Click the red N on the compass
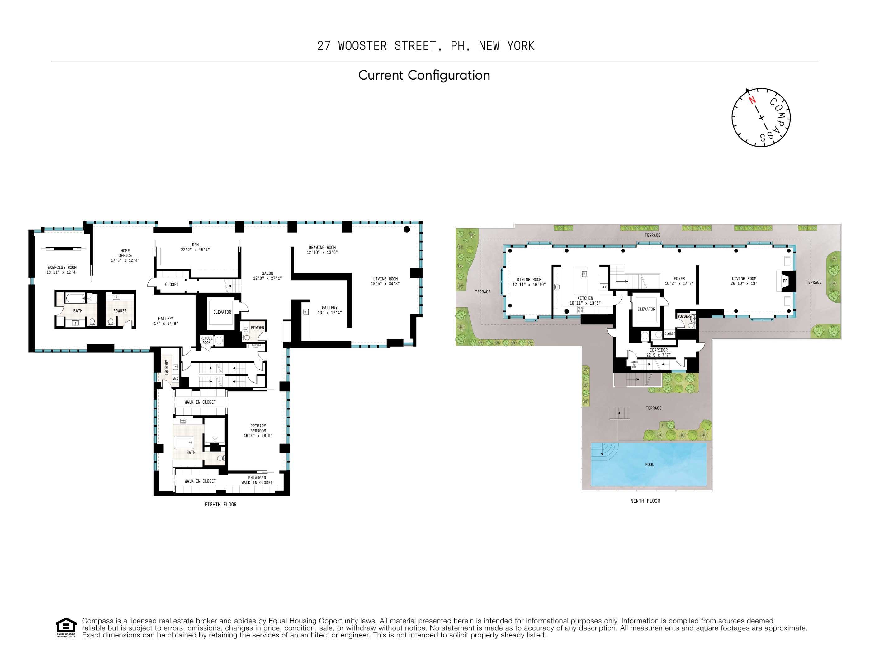pyautogui.click(x=752, y=100)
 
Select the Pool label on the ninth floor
pyautogui.click(x=649, y=464)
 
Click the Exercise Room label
pyautogui.click(x=62, y=268)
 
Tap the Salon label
pyautogui.click(x=267, y=273)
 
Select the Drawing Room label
pyautogui.click(x=322, y=247)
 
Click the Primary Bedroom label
pyautogui.click(x=258, y=428)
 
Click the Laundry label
pyautogui.click(x=167, y=367)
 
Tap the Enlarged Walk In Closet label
pyautogui.click(x=257, y=480)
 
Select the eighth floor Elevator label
pyautogui.click(x=222, y=312)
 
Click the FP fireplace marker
pyautogui.click(x=785, y=281)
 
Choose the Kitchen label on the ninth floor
pyautogui.click(x=585, y=298)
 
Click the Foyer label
pyautogui.click(x=679, y=279)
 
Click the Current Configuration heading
pyautogui.click(x=424, y=75)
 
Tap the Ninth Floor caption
pyautogui.click(x=645, y=501)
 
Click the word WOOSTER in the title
pyautogui.click(x=362, y=46)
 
